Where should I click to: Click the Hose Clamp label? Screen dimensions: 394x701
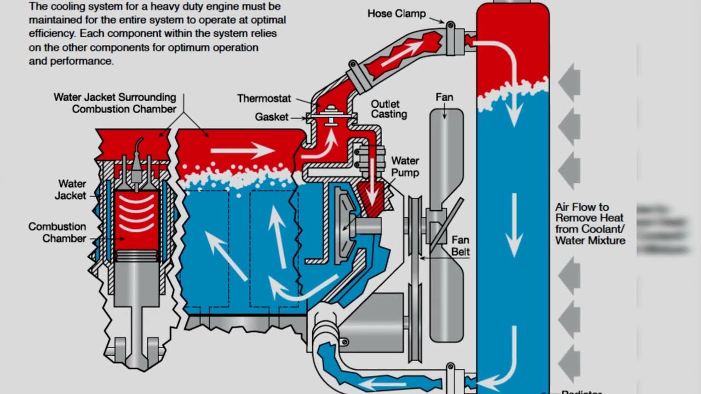(x=395, y=13)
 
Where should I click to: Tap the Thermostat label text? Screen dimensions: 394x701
(x=264, y=99)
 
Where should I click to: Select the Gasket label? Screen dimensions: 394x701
(x=271, y=117)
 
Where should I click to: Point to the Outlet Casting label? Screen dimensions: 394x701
(x=389, y=109)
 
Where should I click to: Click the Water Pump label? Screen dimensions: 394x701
(x=405, y=167)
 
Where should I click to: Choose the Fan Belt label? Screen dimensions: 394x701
(x=461, y=246)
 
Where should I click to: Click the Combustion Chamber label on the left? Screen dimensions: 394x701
(x=57, y=232)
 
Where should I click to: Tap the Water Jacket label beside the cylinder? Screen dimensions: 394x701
(x=72, y=189)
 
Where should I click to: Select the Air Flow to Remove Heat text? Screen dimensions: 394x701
(x=589, y=223)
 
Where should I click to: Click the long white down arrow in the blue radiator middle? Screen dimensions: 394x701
(x=514, y=224)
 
